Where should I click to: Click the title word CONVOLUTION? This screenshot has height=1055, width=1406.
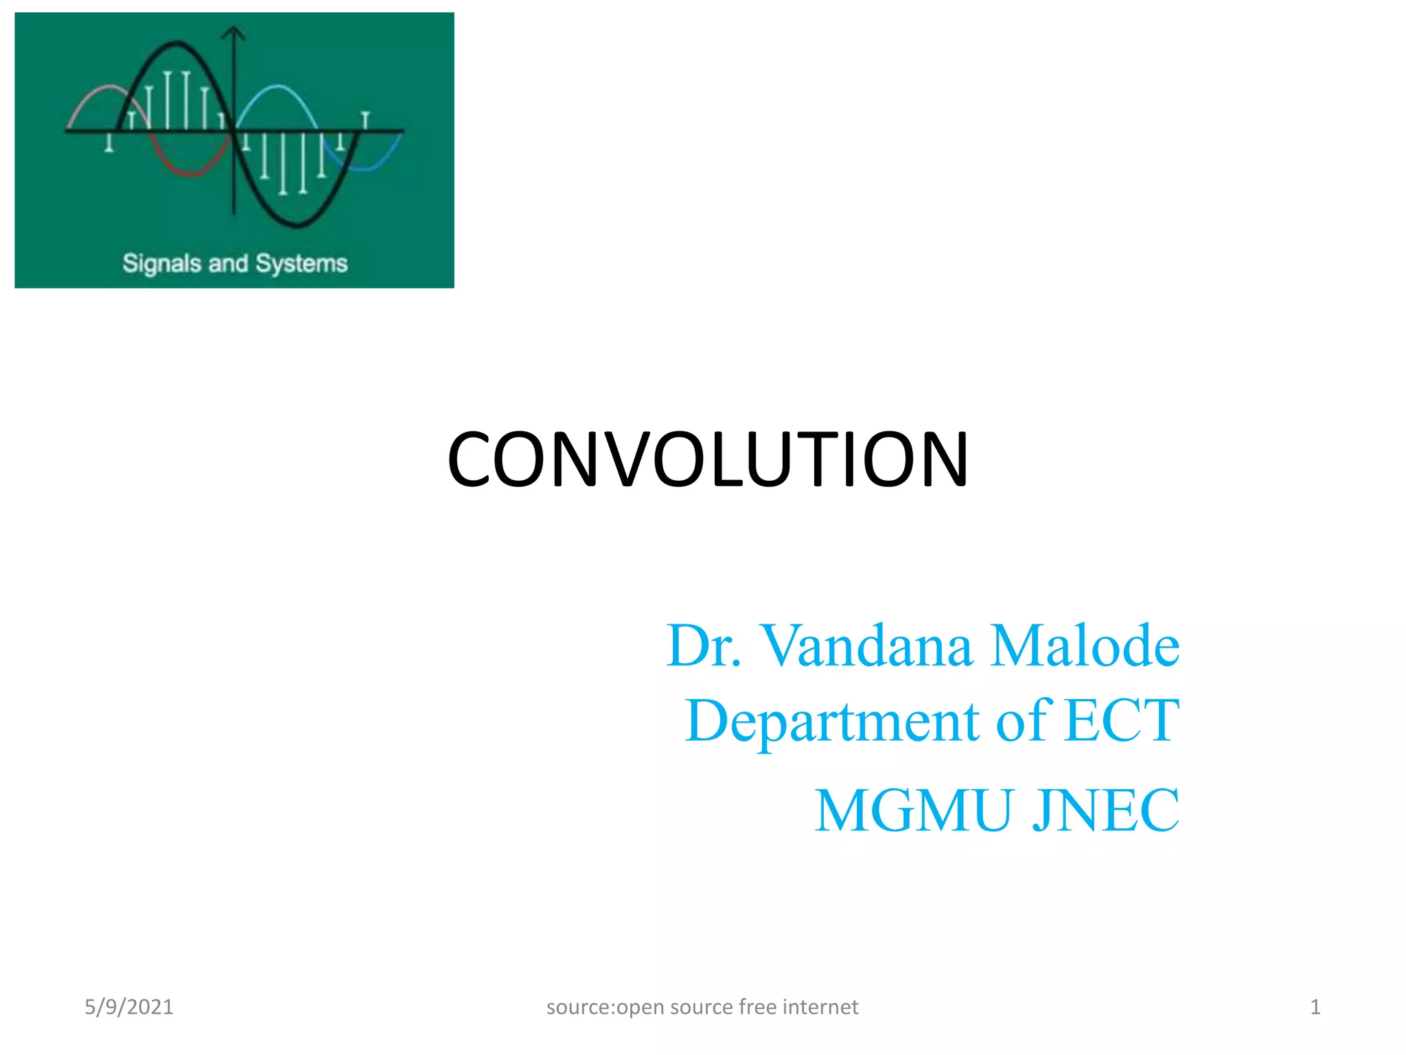(707, 460)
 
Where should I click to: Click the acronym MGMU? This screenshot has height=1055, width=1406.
(914, 810)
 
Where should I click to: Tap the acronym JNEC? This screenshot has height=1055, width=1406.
(1106, 810)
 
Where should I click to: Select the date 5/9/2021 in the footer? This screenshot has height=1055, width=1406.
(129, 1007)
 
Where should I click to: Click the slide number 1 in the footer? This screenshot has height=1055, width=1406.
(1315, 1007)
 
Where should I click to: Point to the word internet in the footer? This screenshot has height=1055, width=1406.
(820, 1007)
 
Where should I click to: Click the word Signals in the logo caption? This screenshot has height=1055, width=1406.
(161, 264)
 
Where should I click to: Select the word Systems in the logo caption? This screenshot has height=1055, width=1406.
(301, 264)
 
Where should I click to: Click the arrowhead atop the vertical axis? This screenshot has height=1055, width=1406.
(234, 32)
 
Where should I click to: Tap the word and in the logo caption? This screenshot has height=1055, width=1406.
(227, 264)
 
